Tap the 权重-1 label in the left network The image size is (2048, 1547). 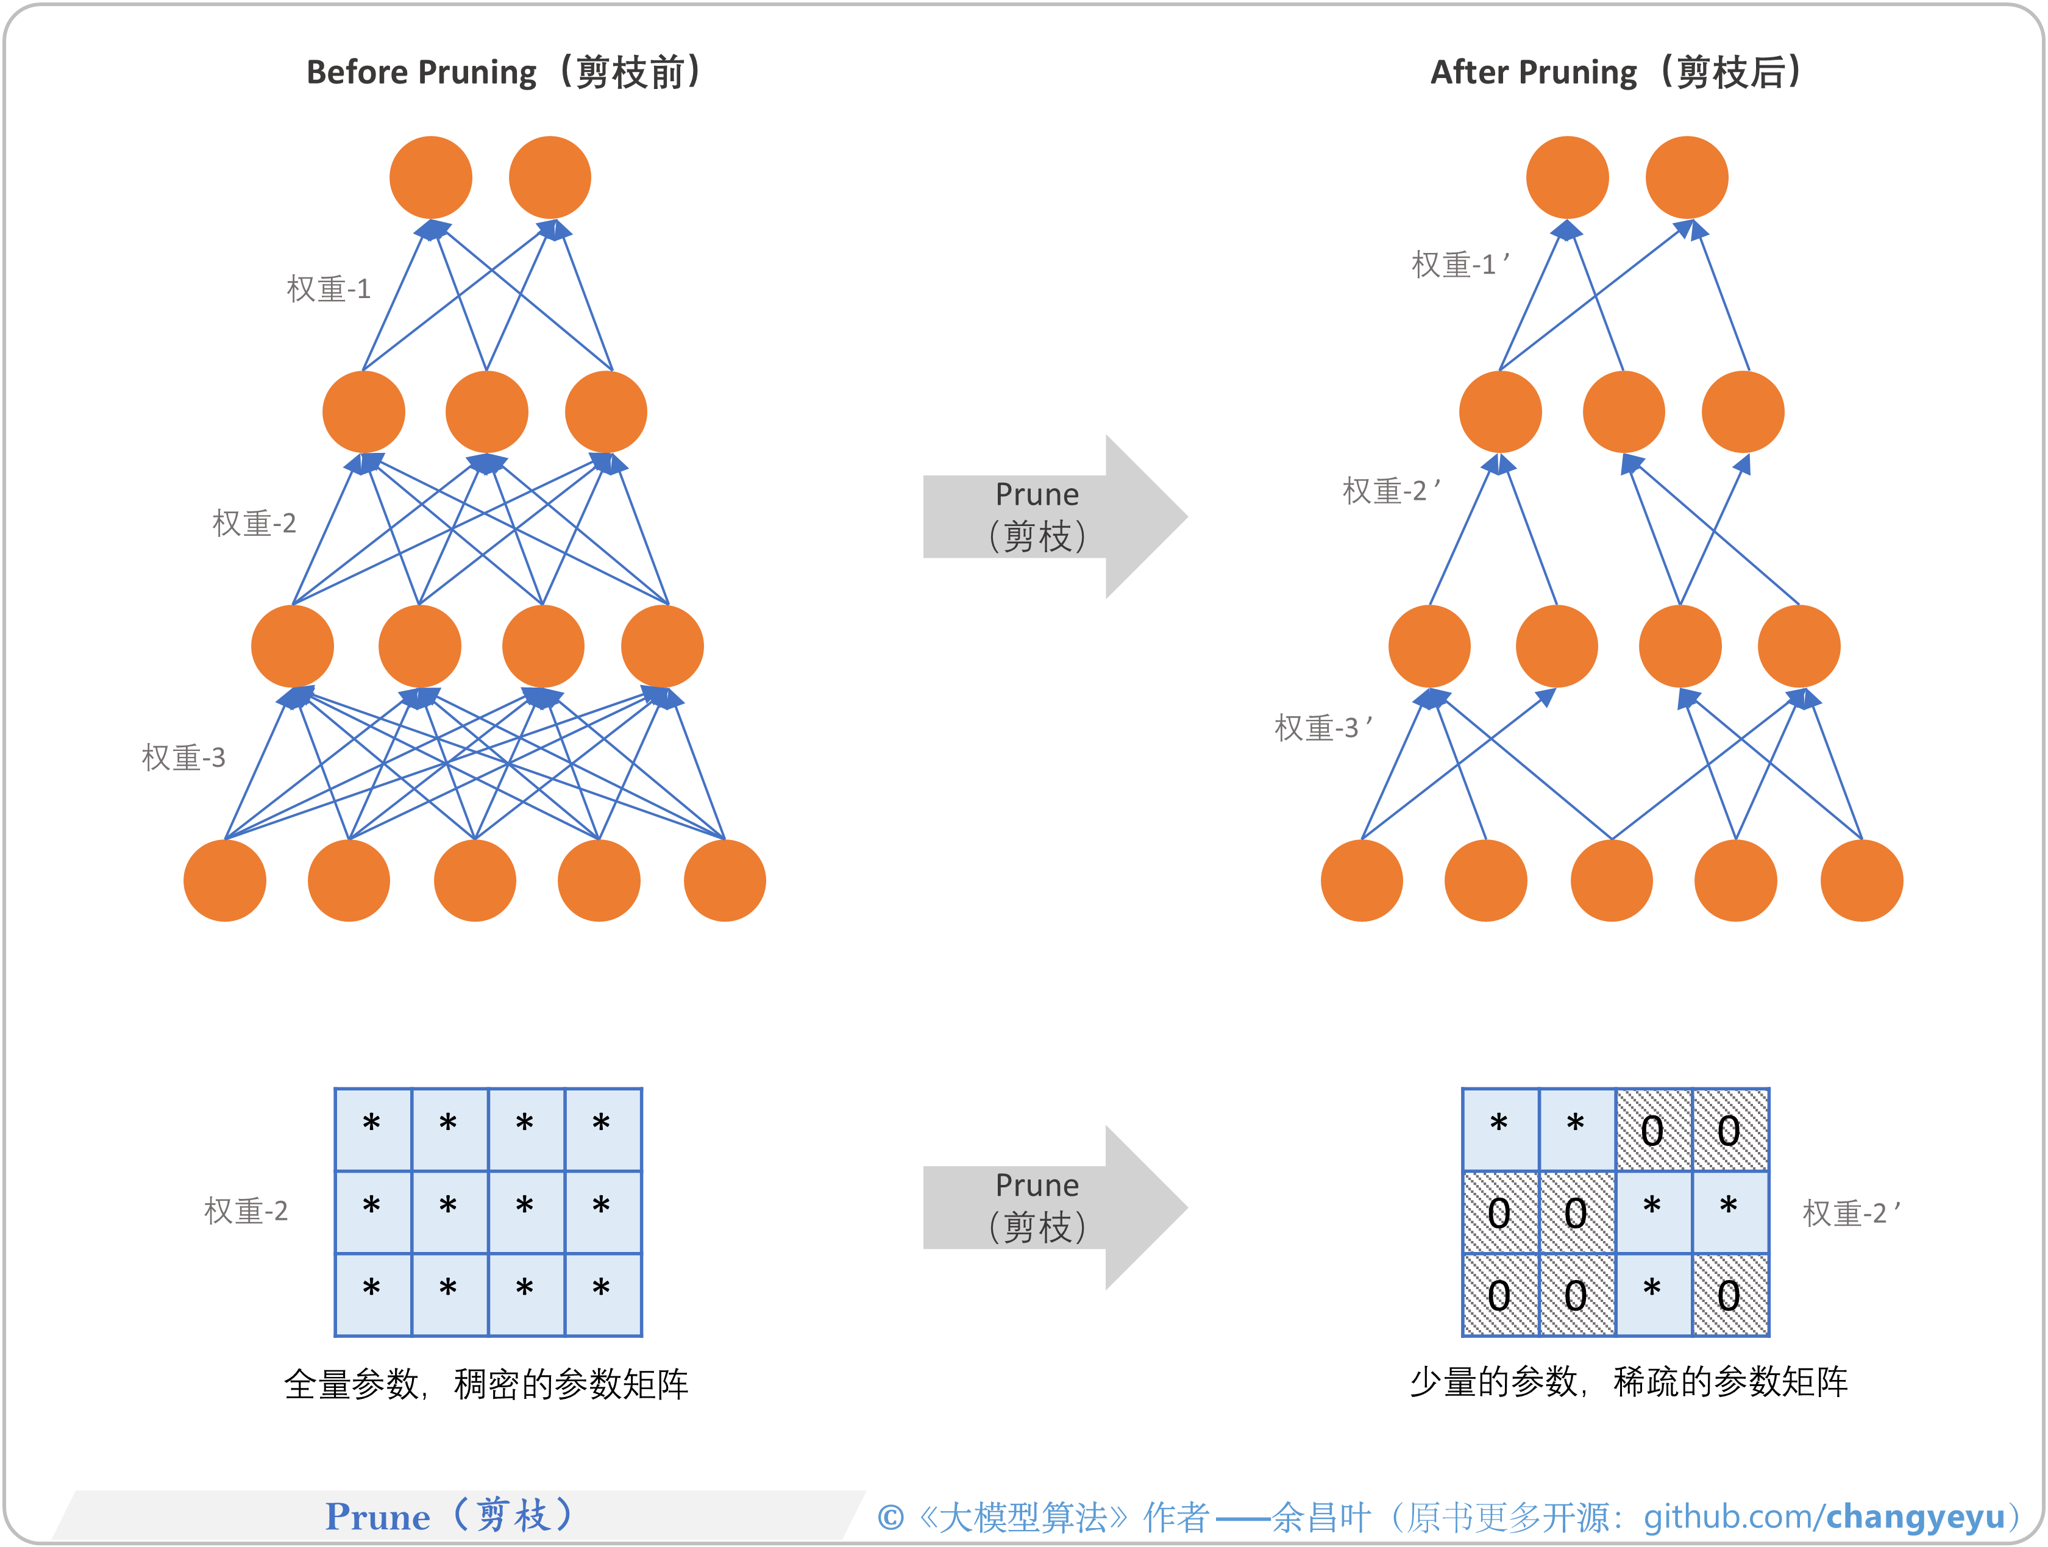[329, 289]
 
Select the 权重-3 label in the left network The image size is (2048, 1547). [183, 757]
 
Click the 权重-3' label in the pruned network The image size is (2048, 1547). [1322, 728]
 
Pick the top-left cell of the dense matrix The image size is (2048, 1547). [372, 1128]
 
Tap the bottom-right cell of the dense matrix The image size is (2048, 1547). [603, 1293]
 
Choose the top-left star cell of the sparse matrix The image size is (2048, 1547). [1500, 1128]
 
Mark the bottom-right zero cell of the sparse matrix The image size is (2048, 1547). [1729, 1294]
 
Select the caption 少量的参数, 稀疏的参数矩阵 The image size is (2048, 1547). [1627, 1381]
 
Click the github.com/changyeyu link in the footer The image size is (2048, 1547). [1823, 1517]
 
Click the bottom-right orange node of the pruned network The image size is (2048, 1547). [1861, 880]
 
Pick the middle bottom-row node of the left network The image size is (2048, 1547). [475, 880]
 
